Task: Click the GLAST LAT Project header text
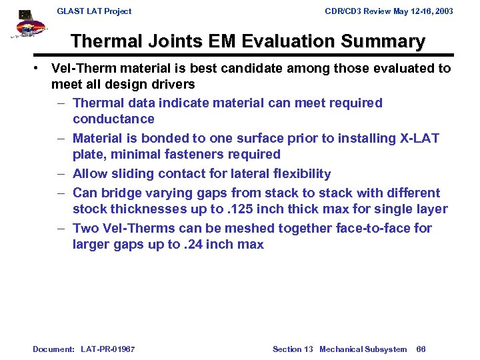(94, 11)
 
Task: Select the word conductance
(113, 119)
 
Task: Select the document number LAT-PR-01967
(107, 349)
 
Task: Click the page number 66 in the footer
(421, 349)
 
